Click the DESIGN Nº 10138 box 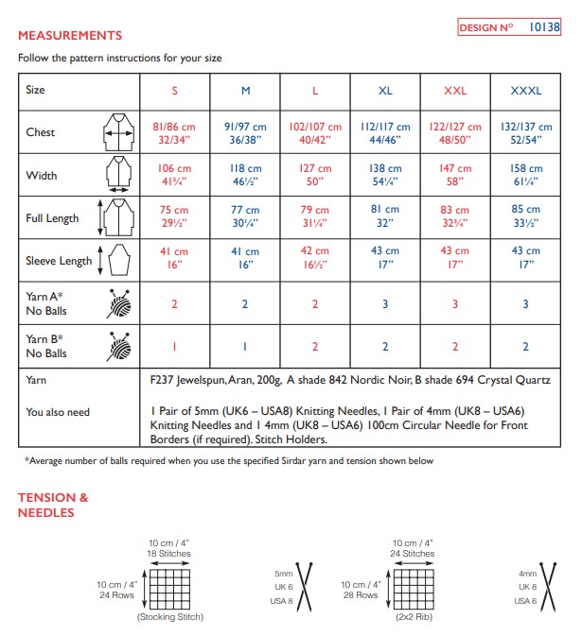point(509,27)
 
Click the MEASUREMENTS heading point(70,36)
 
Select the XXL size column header point(455,91)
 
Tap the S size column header point(174,91)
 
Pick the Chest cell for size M point(245,132)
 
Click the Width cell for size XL point(385,175)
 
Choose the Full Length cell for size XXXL point(525,217)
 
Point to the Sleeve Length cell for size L point(315,259)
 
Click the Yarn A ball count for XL point(385,303)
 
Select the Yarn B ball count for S point(174,347)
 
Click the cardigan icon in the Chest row point(118,132)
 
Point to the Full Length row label point(52,218)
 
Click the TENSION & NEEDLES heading point(53,505)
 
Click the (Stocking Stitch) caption point(170,617)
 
